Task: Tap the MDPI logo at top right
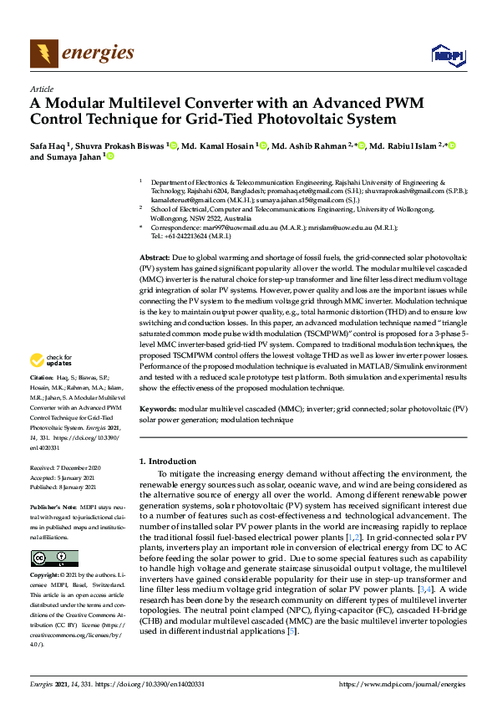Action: point(448,55)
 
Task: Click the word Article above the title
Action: point(41,89)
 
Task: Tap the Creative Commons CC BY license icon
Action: point(54,559)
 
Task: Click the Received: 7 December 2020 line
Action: point(64,468)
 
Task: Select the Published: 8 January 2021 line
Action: point(64,487)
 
